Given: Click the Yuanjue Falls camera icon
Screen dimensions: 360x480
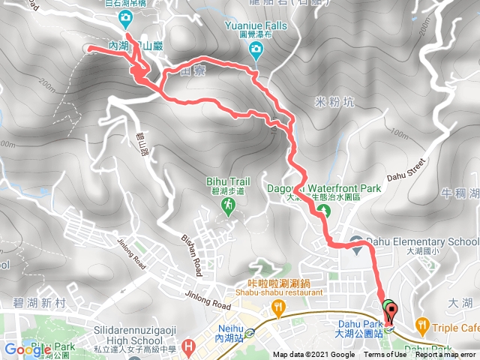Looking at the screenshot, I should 256,51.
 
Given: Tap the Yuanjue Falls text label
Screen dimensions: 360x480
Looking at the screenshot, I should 255,25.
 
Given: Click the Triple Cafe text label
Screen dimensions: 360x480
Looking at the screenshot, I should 455,328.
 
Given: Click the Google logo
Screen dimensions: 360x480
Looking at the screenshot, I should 28,349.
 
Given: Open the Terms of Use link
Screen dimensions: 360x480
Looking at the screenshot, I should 383,355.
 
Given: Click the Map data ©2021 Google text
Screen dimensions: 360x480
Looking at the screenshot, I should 313,355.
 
